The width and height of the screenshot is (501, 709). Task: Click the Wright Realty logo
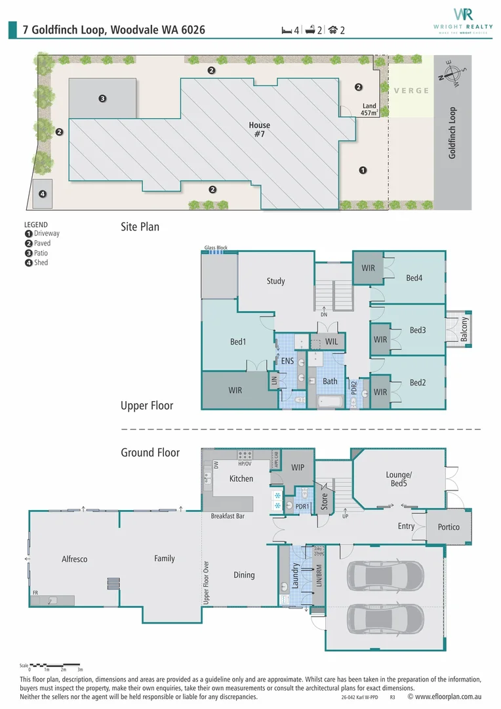(462, 20)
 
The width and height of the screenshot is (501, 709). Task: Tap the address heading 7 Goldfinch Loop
(114, 30)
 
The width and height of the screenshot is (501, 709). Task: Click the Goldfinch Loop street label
(452, 133)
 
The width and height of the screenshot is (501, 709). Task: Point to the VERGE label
(411, 91)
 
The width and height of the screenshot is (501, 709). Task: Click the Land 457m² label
(369, 110)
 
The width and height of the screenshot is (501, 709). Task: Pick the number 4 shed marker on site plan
(42, 194)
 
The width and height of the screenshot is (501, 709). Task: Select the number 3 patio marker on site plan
(102, 99)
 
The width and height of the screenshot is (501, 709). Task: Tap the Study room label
(275, 281)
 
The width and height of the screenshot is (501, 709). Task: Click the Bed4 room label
(414, 278)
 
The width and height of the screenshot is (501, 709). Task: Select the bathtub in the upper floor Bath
(331, 401)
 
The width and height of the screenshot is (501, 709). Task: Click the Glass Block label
(215, 248)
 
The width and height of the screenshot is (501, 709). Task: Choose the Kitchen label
(241, 479)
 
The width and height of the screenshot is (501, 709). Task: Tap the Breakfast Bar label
(228, 516)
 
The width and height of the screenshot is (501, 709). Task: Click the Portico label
(449, 527)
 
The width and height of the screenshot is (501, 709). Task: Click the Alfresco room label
(74, 559)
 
